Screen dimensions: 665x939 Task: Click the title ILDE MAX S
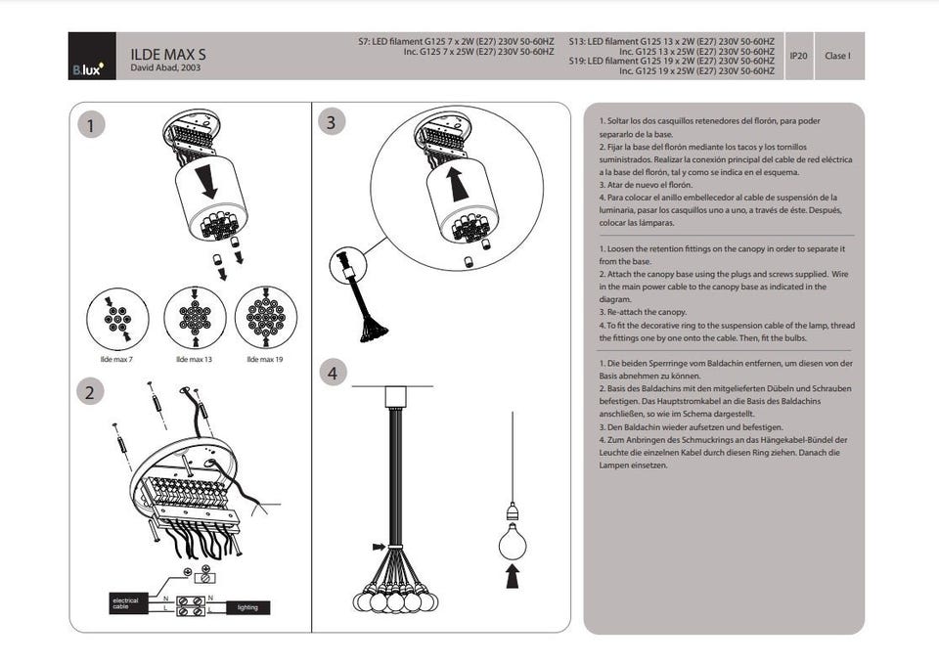(167, 55)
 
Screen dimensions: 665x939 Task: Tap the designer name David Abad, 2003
(165, 69)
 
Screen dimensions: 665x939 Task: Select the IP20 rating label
(798, 56)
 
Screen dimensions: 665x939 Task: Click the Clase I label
(836, 56)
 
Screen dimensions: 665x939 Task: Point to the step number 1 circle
(91, 125)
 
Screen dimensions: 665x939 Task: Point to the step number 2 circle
(91, 392)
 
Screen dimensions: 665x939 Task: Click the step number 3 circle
(333, 121)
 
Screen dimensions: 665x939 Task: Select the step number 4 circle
(333, 373)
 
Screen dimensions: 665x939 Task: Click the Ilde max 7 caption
(116, 360)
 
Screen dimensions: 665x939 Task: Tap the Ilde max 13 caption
(194, 360)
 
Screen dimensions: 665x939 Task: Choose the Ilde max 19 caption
(265, 360)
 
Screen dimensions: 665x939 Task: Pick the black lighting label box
(247, 607)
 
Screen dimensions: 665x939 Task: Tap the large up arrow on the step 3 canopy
(455, 183)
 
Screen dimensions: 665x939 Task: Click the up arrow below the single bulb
(512, 578)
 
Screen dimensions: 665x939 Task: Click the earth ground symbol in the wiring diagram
(187, 570)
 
